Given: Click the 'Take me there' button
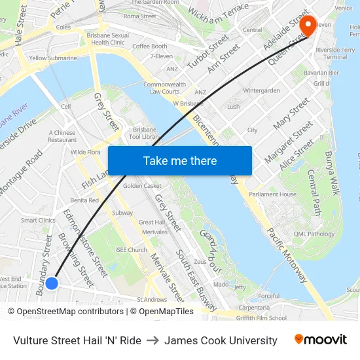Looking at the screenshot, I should click(180, 160).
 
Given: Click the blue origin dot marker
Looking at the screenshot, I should click(52, 283).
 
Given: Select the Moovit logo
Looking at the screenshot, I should click(321, 340).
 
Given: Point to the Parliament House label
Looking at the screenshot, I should click(272, 194).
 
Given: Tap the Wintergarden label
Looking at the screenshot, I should click(261, 90).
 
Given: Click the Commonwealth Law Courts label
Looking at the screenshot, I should click(164, 88).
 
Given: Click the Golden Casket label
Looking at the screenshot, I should click(142, 186).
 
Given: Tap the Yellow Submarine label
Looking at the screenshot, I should click(52, 58).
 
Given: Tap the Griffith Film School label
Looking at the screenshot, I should click(261, 319).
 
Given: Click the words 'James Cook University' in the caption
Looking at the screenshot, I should click(221, 340).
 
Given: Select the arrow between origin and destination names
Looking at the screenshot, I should click(153, 340).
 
